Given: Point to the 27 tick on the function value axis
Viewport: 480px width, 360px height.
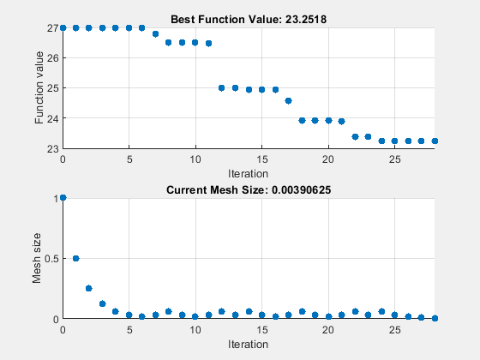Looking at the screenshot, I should pyautogui.click(x=52, y=27).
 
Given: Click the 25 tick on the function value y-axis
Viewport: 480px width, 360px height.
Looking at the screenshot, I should pyautogui.click(x=52, y=87).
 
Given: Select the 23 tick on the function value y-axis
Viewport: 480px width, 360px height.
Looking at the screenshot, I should pyautogui.click(x=52, y=147).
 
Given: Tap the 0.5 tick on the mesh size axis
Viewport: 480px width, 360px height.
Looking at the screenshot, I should pyautogui.click(x=50, y=258).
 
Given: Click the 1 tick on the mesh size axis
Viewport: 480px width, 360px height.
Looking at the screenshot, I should pyautogui.click(x=56, y=198).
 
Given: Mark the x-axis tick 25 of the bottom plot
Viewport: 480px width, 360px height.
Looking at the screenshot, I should pyautogui.click(x=394, y=329).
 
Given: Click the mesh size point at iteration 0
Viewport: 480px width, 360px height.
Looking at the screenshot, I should pyautogui.click(x=63, y=198).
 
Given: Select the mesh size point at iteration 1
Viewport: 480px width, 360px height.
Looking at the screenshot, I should pyautogui.click(x=75, y=258).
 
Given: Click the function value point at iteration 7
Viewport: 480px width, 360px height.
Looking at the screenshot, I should pyautogui.click(x=155, y=33).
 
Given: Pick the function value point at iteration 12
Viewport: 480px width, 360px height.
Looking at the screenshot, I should pyautogui.click(x=222, y=87).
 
